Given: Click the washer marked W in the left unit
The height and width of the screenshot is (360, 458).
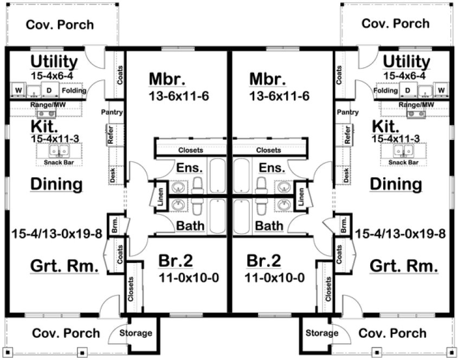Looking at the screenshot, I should pos(18,90).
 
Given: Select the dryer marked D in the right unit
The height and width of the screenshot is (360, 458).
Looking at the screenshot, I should pos(408,90).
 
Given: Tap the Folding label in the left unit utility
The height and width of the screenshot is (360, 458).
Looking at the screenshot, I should pos(73,91).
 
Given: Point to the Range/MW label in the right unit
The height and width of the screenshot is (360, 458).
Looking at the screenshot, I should pos(416,104).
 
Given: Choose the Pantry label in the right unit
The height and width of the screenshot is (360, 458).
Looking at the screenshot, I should pos(347,112).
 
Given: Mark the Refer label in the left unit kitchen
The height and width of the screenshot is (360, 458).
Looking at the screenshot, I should pos(111,136).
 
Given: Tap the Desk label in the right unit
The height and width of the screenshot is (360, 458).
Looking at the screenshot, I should pos(346,175).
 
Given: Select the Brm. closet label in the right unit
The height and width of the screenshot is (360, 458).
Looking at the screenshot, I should pos(343,224).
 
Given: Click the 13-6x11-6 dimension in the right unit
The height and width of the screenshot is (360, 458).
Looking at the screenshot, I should pos(279,97).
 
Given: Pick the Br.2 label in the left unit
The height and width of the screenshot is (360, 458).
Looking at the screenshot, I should pos(176,261).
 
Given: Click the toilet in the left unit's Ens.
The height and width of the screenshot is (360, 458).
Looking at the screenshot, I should pos(197,184).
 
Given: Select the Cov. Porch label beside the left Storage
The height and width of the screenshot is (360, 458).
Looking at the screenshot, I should pos(66,333).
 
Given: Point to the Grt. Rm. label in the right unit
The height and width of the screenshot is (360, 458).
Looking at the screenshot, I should pos(403,266).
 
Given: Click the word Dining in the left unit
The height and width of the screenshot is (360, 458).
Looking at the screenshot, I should pos(56,184).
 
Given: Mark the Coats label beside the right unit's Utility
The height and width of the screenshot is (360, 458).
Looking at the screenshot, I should pos(339,75).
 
